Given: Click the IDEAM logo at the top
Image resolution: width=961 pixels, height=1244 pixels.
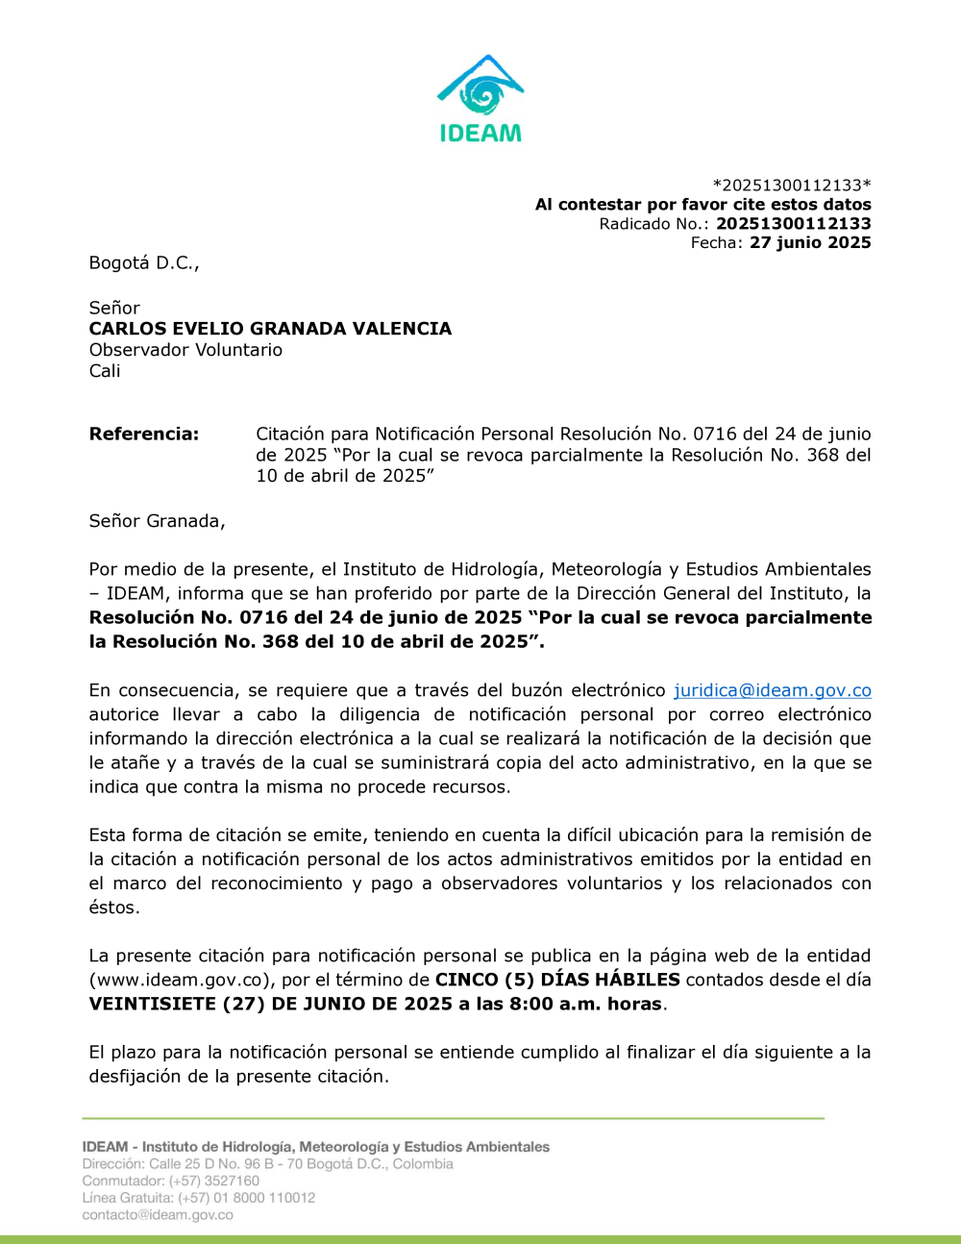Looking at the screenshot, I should point(480,99).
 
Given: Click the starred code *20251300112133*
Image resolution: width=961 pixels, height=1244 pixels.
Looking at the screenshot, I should point(792,185).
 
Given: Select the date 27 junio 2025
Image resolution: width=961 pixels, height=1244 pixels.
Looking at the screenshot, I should point(810,242).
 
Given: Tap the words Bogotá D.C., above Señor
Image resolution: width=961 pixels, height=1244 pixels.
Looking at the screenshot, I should point(144,262).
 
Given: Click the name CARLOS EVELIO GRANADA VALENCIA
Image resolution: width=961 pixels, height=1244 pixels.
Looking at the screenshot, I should point(270,329).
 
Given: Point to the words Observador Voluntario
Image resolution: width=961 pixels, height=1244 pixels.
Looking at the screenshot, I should point(185,350).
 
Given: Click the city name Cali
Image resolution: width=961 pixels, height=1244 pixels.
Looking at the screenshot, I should point(105,371).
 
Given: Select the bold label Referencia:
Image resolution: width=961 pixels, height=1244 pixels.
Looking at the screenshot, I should point(144,434).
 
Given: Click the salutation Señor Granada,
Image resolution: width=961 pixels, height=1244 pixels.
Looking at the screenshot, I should point(157,521).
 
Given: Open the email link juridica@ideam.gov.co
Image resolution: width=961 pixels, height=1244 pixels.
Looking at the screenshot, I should point(773,690).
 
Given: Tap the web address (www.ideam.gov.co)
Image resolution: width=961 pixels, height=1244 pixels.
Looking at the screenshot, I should point(179,980).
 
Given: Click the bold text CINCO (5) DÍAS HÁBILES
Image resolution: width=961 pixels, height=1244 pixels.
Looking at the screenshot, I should point(557,980).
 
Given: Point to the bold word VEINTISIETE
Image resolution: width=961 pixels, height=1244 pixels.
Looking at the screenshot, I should point(152,1004).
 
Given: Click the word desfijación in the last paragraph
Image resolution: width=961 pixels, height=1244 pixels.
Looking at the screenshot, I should point(136,1076).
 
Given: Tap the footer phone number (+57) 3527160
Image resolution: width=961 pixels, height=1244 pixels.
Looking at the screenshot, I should point(214,1181).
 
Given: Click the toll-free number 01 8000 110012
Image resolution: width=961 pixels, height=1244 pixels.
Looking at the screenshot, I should point(264,1198).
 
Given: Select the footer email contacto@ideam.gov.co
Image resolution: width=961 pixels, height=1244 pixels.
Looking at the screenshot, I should point(158,1215).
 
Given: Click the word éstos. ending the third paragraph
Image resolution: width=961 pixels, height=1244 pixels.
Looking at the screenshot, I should point(114,908).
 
